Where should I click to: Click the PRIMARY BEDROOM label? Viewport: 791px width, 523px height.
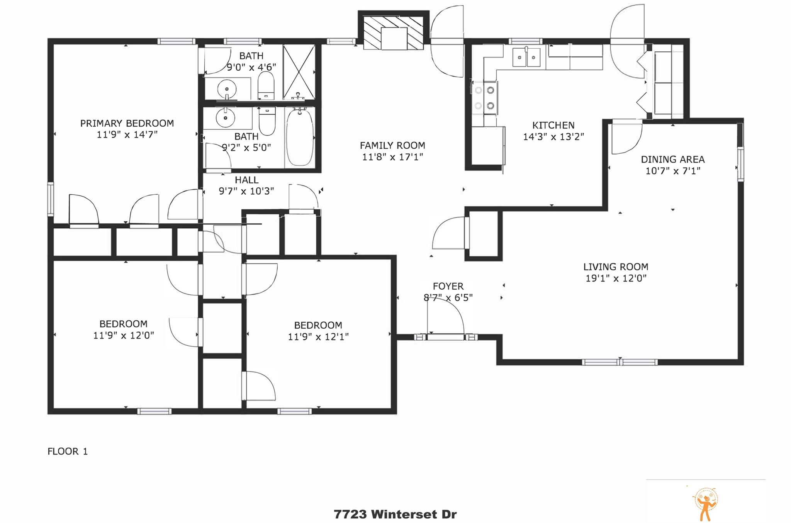click(x=127, y=123)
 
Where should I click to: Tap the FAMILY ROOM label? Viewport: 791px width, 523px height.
click(x=392, y=146)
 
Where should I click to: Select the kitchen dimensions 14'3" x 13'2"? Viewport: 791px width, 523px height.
click(x=553, y=137)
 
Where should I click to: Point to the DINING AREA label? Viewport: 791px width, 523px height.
click(x=672, y=159)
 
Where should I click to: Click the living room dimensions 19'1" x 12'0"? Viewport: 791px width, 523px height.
click(x=616, y=278)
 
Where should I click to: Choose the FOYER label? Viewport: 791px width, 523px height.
click(x=448, y=286)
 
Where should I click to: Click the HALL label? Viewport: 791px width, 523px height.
click(x=246, y=180)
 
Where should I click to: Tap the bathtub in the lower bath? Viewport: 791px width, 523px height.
click(x=299, y=138)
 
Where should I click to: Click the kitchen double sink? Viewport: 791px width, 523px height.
click(x=526, y=58)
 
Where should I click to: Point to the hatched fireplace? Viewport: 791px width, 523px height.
click(x=394, y=33)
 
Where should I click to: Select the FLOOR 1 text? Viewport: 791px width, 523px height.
click(x=68, y=451)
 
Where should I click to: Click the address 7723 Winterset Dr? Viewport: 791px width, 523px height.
click(x=395, y=514)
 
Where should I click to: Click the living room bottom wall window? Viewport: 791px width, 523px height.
click(x=620, y=362)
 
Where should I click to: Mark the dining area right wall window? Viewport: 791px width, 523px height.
click(x=740, y=164)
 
